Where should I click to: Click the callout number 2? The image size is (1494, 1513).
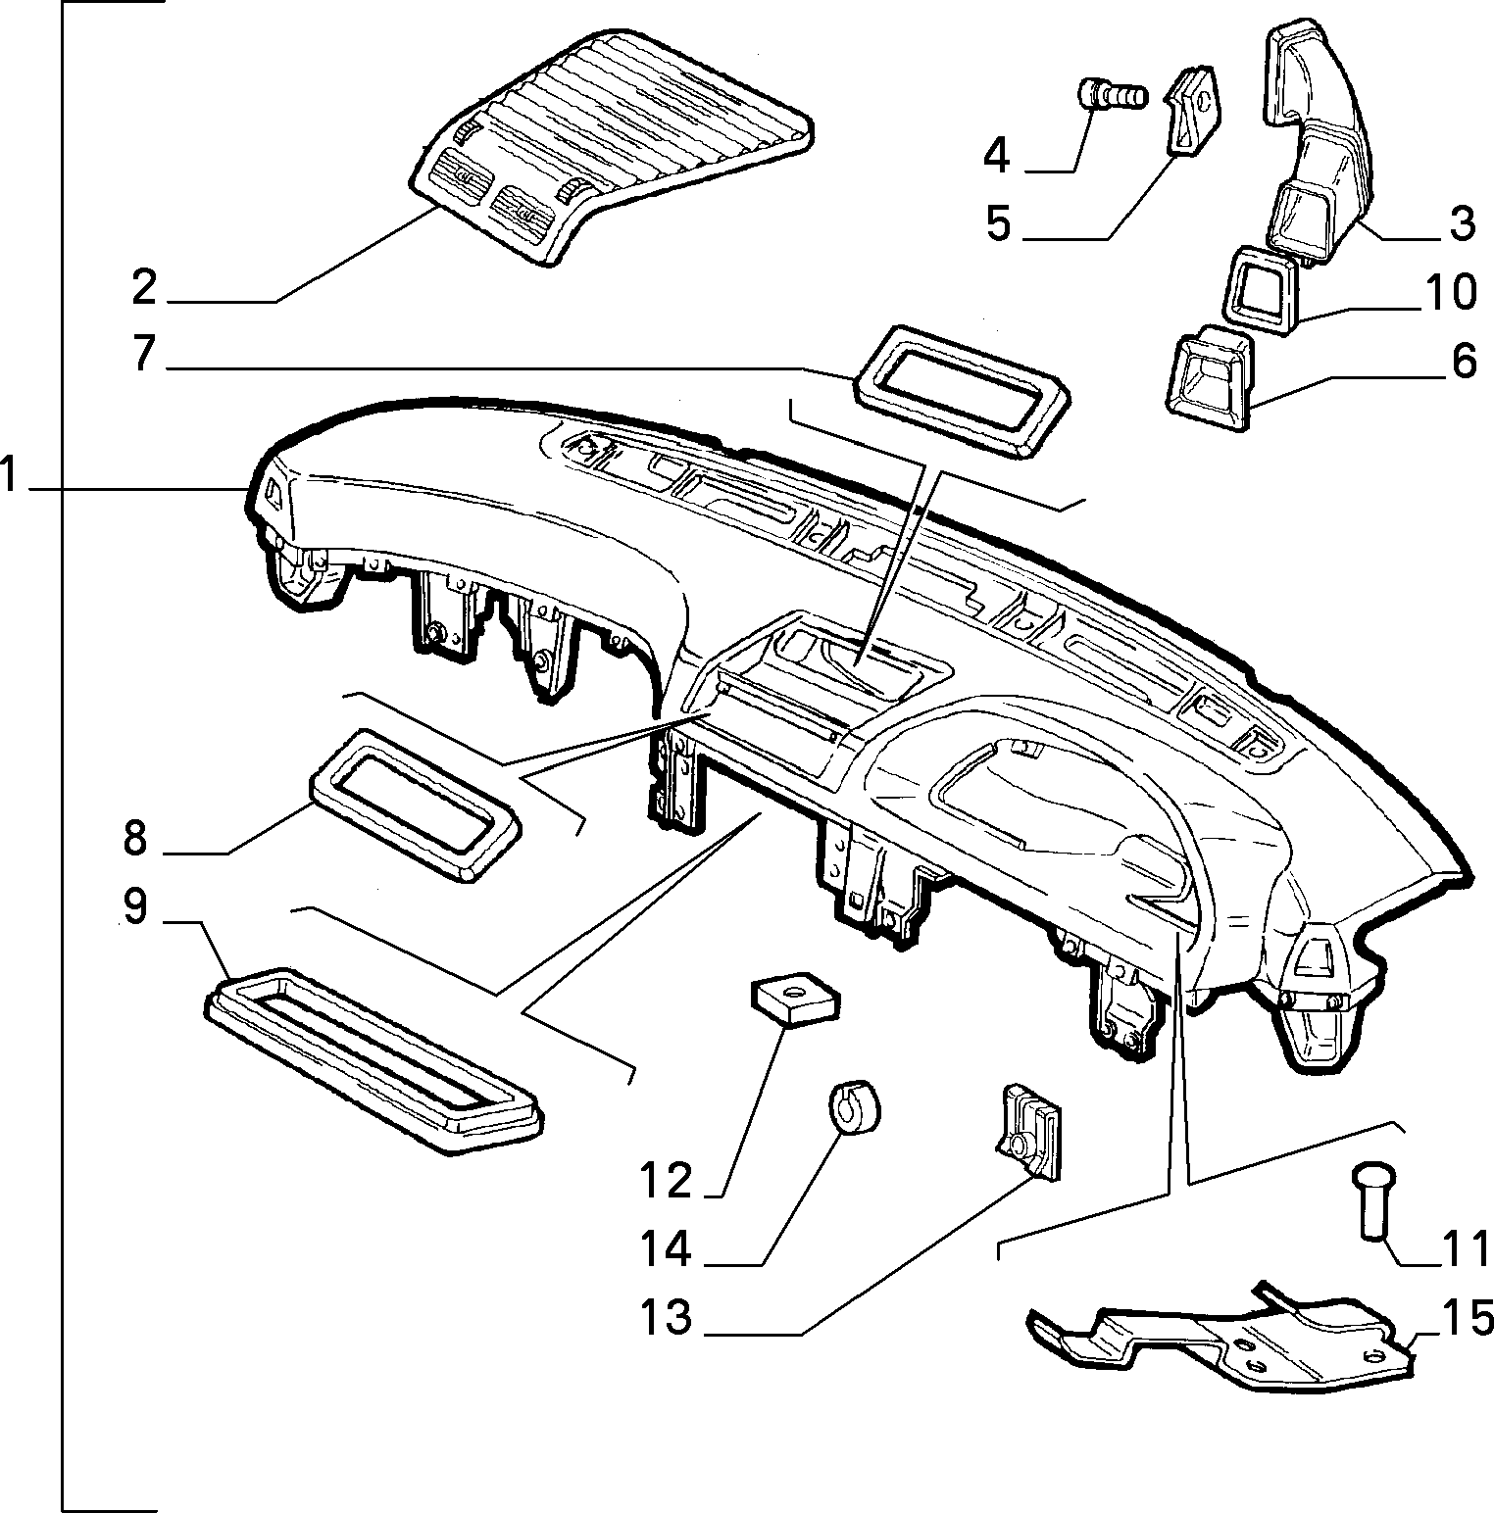point(144,287)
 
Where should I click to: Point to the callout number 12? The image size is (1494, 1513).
point(667,1181)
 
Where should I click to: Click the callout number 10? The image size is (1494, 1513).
point(1449,292)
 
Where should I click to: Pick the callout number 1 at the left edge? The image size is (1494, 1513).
point(9,476)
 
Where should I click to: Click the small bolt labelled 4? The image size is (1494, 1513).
point(1111,96)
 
